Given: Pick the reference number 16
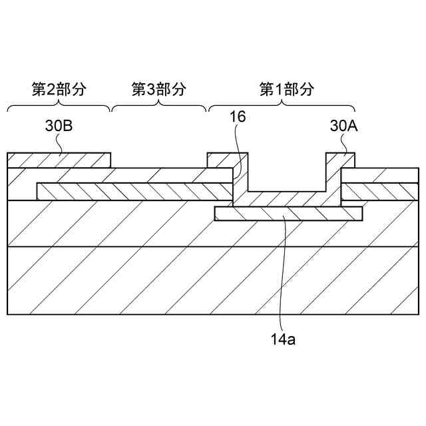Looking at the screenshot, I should [x=238, y=118].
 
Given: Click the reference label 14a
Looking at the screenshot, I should [x=283, y=339].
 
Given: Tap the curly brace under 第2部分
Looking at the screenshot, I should [x=59, y=106].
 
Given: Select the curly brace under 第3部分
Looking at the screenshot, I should [x=158, y=106].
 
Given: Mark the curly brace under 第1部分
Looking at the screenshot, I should [x=282, y=106].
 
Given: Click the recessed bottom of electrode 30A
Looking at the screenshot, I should [x=286, y=197].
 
